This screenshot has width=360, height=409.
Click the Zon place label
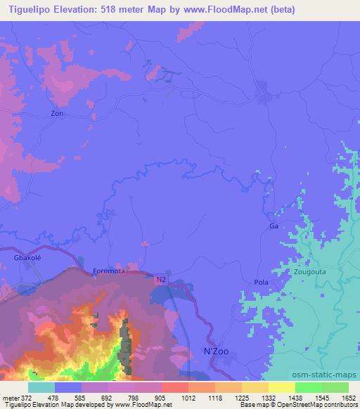pos(58,112)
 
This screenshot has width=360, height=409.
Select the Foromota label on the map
pos(108,271)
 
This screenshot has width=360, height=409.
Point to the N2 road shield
pos(160,279)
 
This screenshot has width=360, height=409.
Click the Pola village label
pos(261,282)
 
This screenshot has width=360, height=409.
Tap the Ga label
pos(274,226)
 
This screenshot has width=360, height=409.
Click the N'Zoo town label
pos(217,350)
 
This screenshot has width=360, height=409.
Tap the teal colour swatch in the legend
pos(41,387)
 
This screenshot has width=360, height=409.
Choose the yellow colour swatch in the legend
pos(281,387)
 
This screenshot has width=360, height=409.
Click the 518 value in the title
pos(98,10)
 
